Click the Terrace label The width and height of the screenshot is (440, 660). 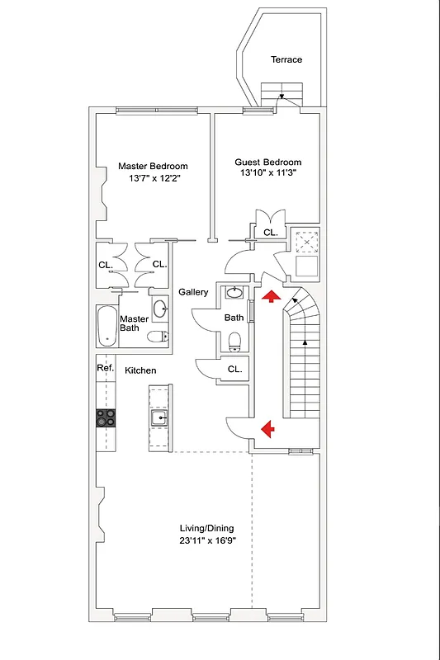(286, 59)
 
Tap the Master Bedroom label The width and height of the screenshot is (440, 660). (153, 166)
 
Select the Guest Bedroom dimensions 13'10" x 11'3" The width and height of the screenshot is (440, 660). (267, 174)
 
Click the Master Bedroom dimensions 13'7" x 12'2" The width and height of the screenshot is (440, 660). (153, 177)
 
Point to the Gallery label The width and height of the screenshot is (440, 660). (193, 293)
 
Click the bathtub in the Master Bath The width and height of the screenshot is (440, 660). (106, 325)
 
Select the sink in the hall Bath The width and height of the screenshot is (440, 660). (234, 292)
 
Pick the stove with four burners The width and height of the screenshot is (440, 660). (106, 417)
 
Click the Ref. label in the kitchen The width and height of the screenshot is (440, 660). (105, 368)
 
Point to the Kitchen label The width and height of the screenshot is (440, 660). (140, 370)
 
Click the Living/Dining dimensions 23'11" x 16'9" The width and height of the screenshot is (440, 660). (207, 541)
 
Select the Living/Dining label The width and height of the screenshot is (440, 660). (207, 529)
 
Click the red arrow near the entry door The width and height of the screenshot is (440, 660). (266, 427)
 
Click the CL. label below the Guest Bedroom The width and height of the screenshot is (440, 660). (270, 233)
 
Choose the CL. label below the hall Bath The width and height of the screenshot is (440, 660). (234, 370)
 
